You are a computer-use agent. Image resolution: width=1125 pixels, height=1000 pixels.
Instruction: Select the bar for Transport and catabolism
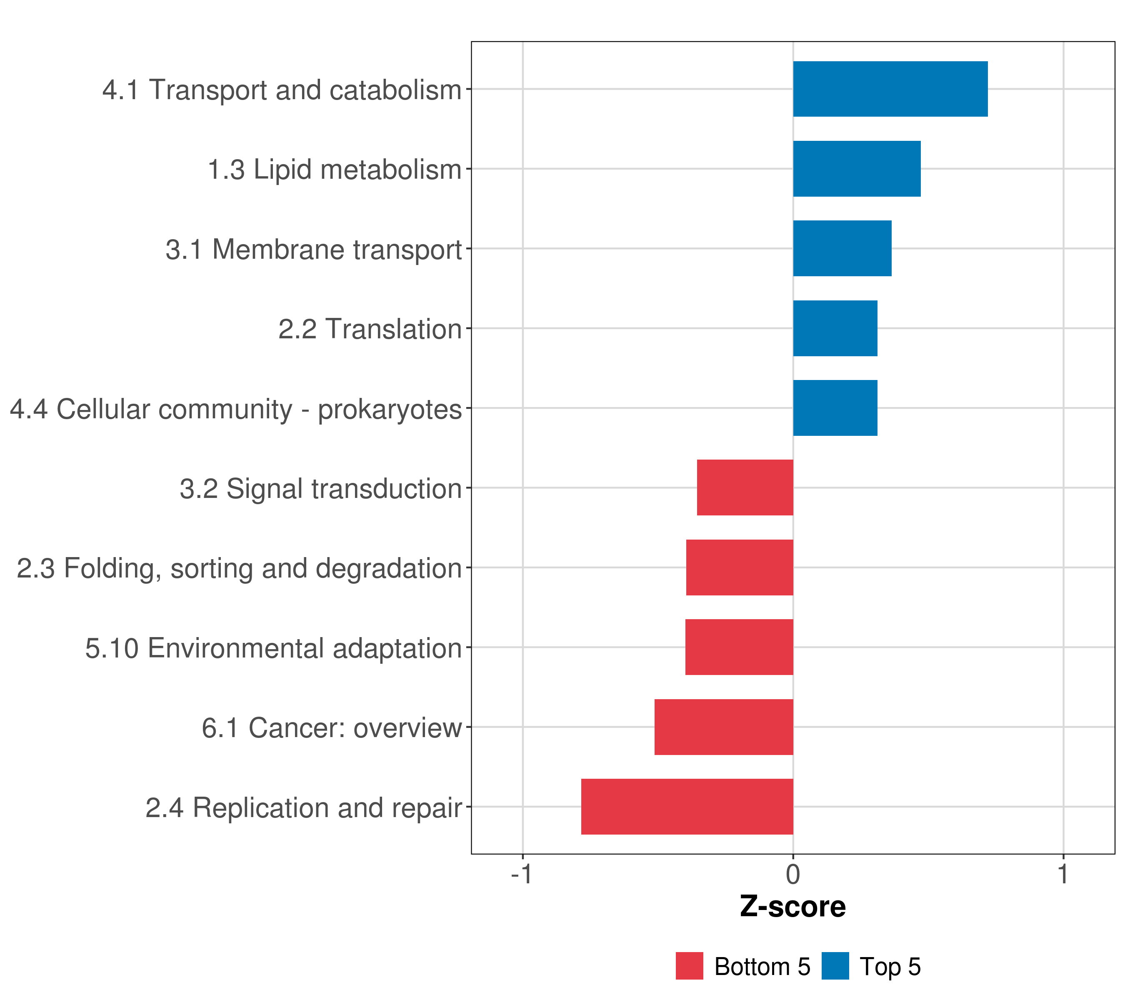click(890, 89)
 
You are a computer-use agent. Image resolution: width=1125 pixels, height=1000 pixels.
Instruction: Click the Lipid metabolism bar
click(857, 169)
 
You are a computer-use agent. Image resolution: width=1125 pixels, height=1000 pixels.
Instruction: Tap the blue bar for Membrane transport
click(842, 248)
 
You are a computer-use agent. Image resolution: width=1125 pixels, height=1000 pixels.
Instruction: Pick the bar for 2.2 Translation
click(835, 329)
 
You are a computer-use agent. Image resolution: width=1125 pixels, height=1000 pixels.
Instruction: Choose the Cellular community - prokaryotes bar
click(835, 408)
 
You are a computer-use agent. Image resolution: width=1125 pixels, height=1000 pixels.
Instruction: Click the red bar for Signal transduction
click(745, 487)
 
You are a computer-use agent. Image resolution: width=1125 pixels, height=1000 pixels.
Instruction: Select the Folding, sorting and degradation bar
click(740, 567)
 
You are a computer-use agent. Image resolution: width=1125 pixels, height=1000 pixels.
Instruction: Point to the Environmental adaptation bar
click(739, 647)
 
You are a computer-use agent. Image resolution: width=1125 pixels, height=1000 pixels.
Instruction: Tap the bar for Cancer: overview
click(724, 727)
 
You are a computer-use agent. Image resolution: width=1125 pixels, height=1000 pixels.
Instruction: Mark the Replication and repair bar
click(687, 807)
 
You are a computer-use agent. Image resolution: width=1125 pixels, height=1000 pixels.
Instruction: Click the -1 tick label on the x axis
click(522, 875)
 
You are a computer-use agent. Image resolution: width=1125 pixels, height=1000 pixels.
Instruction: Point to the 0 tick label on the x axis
click(793, 875)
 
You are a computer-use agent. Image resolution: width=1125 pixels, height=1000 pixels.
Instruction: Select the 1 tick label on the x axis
click(1063, 875)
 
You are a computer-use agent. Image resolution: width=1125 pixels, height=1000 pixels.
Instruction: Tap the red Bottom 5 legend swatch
click(690, 966)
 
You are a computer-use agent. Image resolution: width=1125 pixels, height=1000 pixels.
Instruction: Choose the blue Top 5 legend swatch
click(835, 966)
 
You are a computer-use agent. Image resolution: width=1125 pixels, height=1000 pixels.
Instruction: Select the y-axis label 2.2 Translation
click(370, 329)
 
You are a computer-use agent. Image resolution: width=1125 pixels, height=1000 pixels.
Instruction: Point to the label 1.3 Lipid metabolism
click(335, 170)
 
